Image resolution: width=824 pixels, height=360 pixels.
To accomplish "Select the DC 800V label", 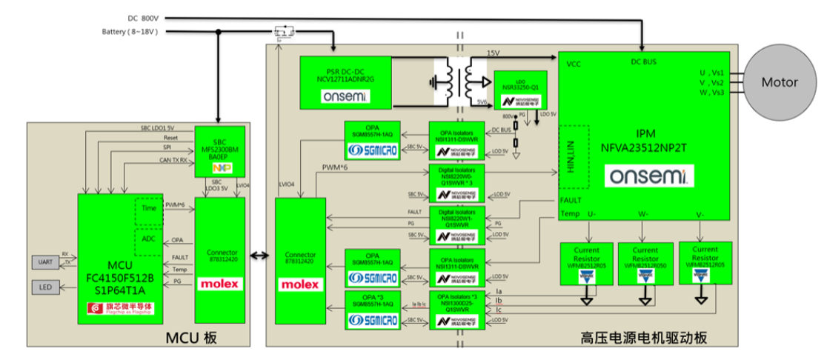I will (x=143, y=17).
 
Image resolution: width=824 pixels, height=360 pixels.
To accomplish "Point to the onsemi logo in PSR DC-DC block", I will (x=346, y=97).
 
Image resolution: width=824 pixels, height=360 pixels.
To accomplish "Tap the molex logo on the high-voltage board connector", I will (x=300, y=284).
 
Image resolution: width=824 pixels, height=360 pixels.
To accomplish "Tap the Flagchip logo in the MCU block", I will (x=115, y=310).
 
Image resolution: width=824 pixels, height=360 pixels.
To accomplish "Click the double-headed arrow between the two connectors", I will (x=259, y=256).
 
